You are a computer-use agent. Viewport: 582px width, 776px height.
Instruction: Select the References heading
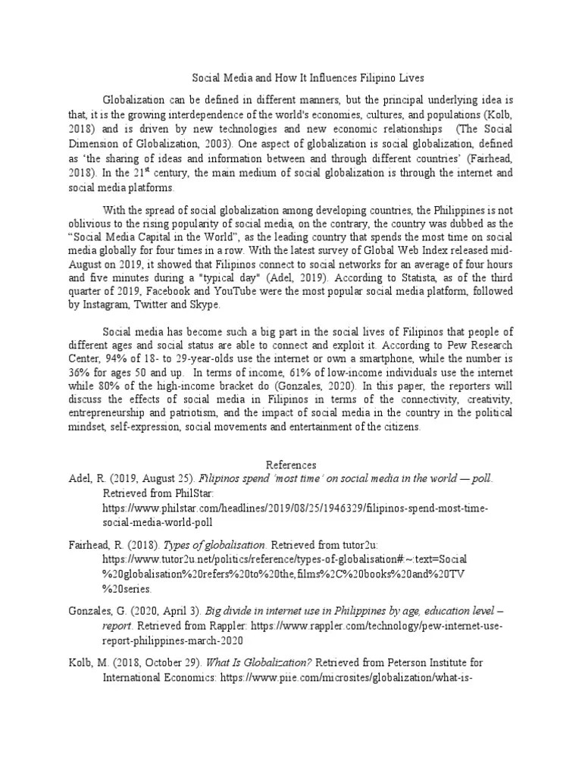291,465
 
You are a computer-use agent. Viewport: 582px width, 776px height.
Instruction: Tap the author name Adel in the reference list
80,479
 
